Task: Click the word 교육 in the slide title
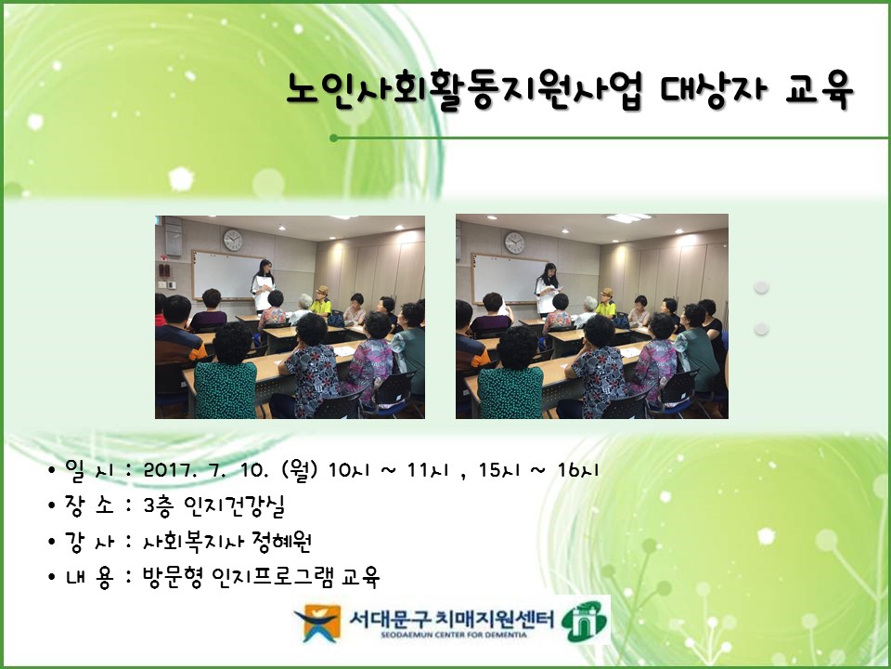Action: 819,90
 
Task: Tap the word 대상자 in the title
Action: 713,90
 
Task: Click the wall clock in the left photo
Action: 232,240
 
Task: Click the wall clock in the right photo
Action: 514,243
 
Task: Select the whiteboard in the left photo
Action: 226,275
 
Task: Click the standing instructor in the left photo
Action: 263,285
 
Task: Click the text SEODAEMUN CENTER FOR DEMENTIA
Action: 454,635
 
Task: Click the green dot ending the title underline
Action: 333,138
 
